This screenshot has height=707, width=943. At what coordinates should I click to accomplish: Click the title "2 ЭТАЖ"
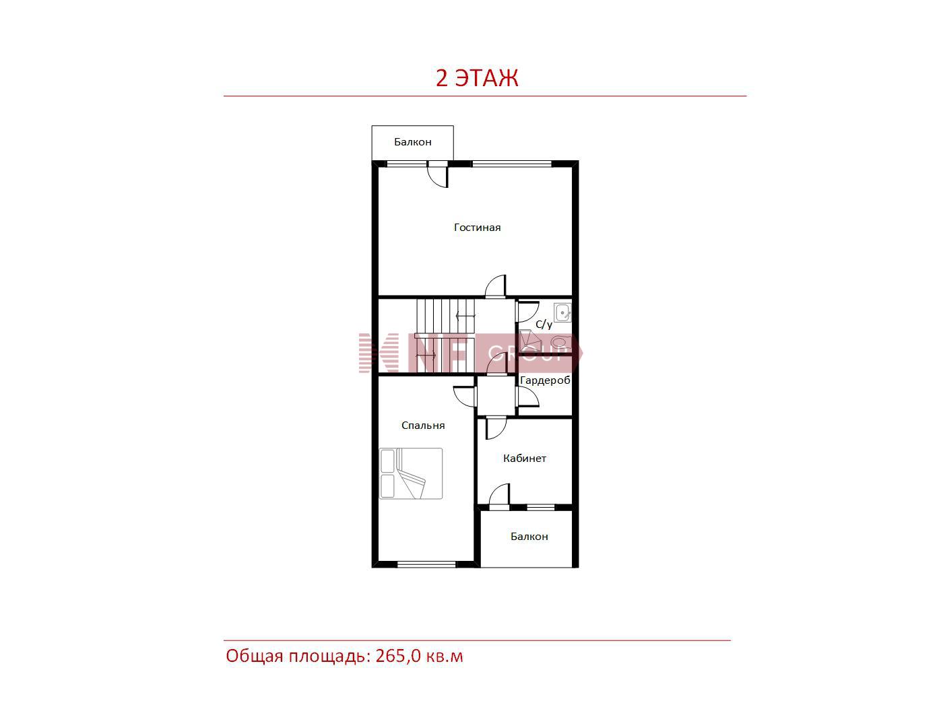(x=477, y=78)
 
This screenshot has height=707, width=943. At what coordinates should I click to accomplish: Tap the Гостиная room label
(x=477, y=228)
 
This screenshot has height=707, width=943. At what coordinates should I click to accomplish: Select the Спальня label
(x=423, y=426)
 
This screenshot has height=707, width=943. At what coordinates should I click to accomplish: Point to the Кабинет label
(x=524, y=458)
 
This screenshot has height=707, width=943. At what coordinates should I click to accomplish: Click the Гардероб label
(x=545, y=380)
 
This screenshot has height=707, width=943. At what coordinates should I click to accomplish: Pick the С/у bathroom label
(x=544, y=325)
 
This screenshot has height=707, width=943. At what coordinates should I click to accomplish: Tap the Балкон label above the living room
(x=412, y=142)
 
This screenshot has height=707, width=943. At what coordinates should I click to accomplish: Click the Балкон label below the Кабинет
(x=529, y=537)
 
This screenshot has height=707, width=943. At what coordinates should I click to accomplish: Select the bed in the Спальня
(x=410, y=473)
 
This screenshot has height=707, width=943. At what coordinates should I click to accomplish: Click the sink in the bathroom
(x=562, y=312)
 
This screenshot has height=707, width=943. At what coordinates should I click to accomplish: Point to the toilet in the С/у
(x=560, y=343)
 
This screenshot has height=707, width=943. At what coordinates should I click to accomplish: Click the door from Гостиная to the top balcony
(x=438, y=174)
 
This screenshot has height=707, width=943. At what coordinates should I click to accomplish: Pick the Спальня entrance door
(x=465, y=396)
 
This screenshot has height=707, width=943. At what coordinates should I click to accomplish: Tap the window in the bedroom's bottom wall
(x=426, y=564)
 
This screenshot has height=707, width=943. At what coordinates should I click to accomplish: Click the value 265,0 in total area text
(x=398, y=655)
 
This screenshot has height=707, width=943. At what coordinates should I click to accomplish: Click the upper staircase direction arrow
(x=465, y=316)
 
